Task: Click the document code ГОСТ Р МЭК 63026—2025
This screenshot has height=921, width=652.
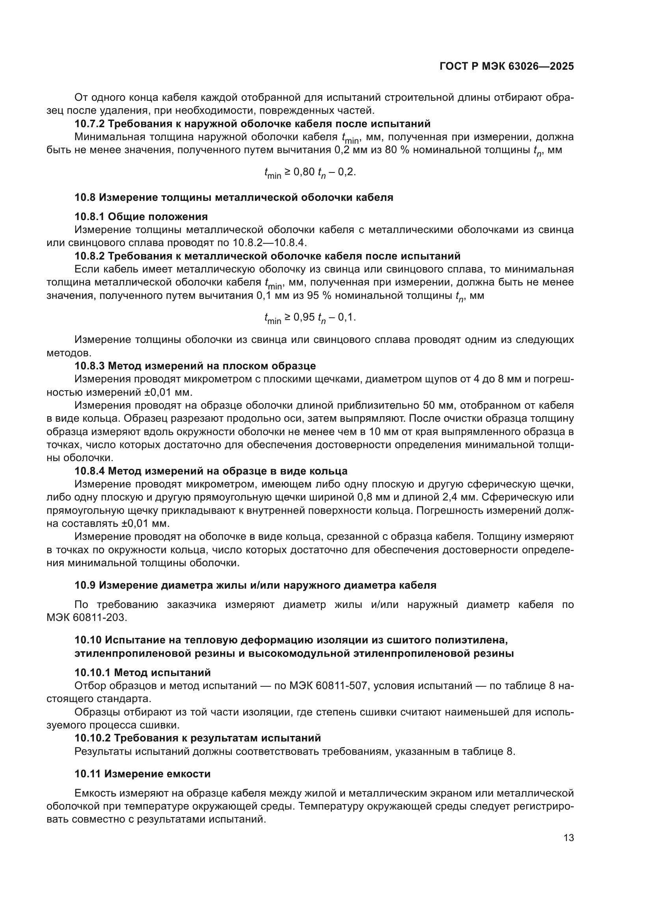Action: coord(506,67)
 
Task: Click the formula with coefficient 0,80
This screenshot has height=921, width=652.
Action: coord(309,172)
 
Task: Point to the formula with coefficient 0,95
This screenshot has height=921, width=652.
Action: coord(309,318)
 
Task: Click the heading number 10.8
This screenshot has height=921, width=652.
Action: coord(85,197)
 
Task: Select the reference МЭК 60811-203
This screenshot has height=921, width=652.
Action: coord(86,618)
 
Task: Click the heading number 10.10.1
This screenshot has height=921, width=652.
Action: coord(92,673)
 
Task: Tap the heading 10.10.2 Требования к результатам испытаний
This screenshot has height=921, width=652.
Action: coord(197,738)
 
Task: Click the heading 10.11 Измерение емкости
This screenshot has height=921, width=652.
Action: coord(142,774)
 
